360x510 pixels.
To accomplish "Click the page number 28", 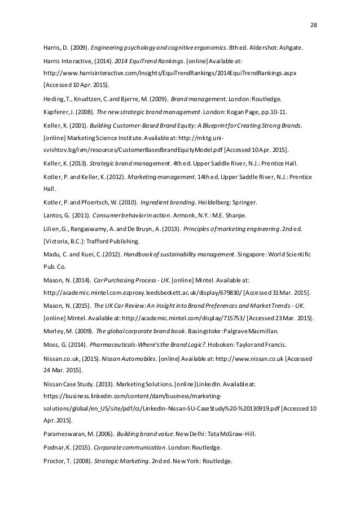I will (x=314, y=25).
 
